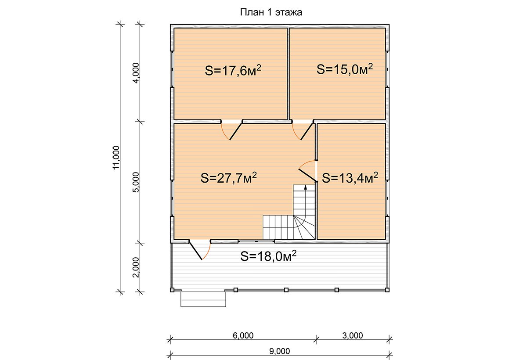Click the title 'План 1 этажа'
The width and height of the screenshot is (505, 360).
(x=271, y=12)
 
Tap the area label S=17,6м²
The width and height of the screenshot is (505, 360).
(x=233, y=70)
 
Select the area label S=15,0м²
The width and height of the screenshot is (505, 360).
(x=345, y=69)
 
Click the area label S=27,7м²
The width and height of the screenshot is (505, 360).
(x=229, y=178)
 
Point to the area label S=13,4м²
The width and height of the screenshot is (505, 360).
(x=350, y=177)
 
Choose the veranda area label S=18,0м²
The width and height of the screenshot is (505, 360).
(x=268, y=256)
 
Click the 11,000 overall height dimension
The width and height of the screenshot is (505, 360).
(x=116, y=158)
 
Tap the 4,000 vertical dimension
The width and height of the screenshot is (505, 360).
(x=136, y=73)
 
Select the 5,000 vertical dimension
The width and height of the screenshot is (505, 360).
(x=136, y=182)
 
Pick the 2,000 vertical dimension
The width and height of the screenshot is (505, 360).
(x=136, y=267)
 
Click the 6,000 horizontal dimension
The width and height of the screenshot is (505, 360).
(x=243, y=335)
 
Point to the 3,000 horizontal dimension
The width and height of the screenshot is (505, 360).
(x=353, y=335)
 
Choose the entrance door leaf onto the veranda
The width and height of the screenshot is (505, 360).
(x=195, y=250)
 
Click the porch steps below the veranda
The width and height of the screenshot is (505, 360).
(x=203, y=299)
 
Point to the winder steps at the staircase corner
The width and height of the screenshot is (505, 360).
(x=304, y=227)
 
